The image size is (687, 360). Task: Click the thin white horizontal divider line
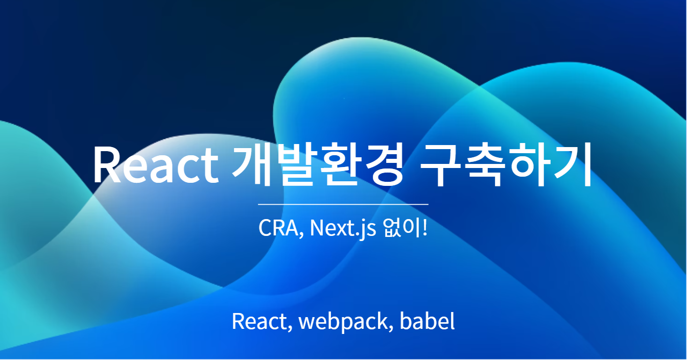(x=343, y=204)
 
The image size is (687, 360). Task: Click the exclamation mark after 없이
(x=424, y=228)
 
